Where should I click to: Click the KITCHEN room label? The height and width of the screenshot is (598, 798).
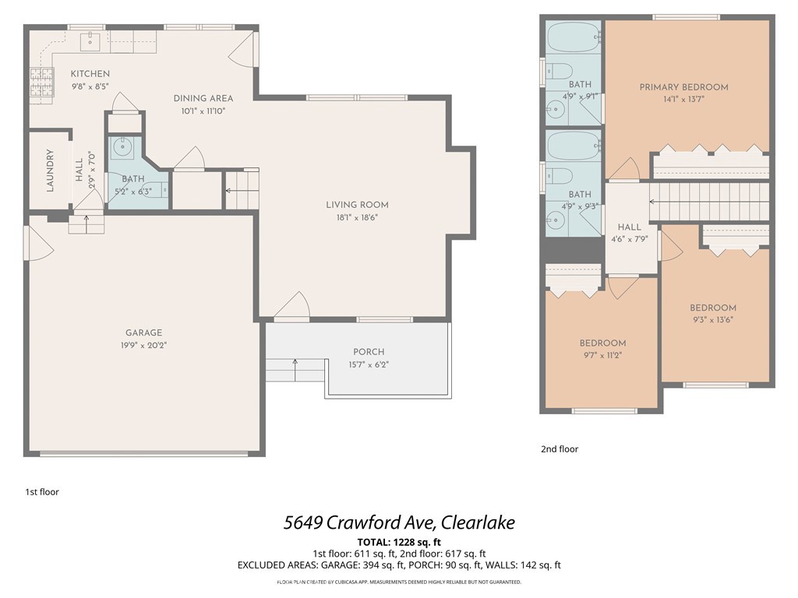coord(90,74)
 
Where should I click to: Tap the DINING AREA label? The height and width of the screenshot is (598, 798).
coord(203,98)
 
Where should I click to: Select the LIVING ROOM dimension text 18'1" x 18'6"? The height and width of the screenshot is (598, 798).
coord(357,217)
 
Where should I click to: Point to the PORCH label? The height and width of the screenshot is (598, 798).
coord(369,352)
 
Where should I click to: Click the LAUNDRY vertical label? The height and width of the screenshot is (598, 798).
coord(50,171)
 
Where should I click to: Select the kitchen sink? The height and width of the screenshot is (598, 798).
coord(92,39)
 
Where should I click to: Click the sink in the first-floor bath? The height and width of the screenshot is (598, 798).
coord(122,146)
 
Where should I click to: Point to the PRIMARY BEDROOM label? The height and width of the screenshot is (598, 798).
coord(683,87)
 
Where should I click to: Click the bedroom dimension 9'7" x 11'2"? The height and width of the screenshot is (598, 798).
coord(602,355)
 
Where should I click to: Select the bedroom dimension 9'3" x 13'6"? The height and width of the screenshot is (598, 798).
coord(712,319)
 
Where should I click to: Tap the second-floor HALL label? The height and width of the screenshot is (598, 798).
coord(629,227)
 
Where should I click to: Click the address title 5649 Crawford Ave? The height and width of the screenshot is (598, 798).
coord(398,522)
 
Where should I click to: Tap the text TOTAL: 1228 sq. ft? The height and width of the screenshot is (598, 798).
coord(399,542)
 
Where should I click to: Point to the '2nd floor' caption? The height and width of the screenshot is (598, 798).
coord(560,449)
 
